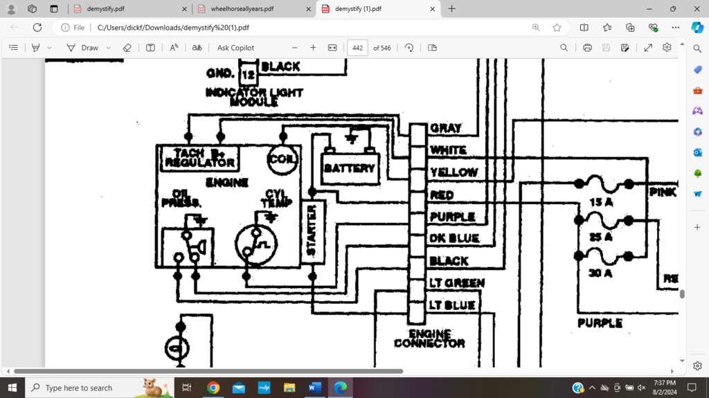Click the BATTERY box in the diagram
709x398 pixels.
pos(350,168)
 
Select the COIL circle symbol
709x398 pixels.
pos(282,159)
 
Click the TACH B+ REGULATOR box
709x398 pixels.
pos(199,159)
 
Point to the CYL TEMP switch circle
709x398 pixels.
pos(256,244)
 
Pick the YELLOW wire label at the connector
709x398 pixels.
pos(454,172)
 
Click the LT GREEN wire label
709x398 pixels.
pos(456,283)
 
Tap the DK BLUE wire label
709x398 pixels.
pos(454,239)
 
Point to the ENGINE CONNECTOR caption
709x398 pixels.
pos(429,338)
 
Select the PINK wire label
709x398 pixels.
pos(663,192)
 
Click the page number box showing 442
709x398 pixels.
pos(357,48)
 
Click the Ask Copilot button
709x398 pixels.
pos(235,48)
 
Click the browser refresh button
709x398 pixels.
pos(37,28)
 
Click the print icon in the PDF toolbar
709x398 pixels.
pos(587,48)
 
